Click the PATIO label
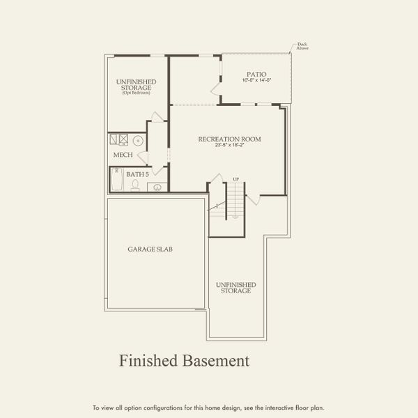click(256, 75)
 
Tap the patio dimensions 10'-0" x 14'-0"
click(256, 82)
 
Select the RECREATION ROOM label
click(229, 139)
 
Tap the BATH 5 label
click(137, 173)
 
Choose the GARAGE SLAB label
click(146, 249)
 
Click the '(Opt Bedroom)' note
click(136, 93)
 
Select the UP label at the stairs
click(235, 180)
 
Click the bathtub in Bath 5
click(116, 182)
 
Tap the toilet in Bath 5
click(135, 185)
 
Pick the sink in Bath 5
click(157, 187)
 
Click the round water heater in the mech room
click(138, 140)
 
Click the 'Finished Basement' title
click(184, 361)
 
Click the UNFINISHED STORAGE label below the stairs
click(235, 288)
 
